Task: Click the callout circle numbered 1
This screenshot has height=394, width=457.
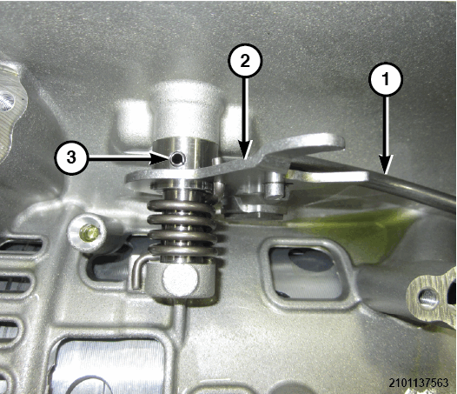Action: [386, 78]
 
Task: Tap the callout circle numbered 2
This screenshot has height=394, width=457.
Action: [245, 61]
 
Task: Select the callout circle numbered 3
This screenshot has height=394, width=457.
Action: [71, 158]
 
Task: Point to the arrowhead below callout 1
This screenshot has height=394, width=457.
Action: [386, 165]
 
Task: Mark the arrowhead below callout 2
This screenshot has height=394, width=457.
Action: [245, 150]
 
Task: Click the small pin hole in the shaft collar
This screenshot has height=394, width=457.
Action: [177, 158]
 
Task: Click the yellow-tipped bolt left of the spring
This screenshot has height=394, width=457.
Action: [89, 234]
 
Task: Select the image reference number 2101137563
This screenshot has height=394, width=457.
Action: [418, 383]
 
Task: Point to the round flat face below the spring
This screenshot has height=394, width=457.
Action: [181, 280]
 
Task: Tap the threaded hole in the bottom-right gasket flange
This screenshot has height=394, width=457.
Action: [428, 298]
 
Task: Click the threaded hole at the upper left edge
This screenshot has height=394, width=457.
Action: [6, 102]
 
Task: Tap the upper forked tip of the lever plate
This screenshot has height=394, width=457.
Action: [335, 142]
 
